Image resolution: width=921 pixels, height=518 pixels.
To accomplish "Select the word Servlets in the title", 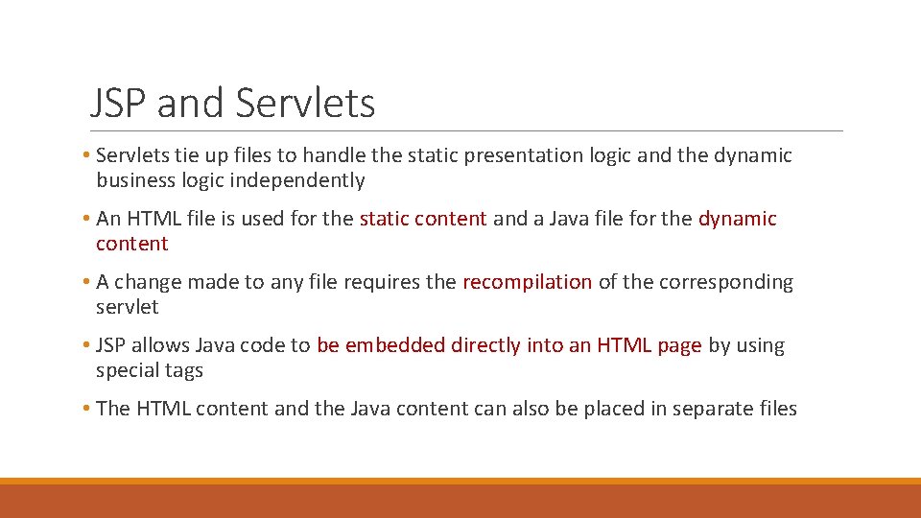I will tap(304, 103).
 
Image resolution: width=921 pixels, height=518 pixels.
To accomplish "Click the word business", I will tap(135, 180).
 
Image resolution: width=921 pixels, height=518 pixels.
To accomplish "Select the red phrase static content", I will tap(423, 219).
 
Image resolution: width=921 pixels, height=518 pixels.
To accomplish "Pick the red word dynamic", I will tap(737, 219).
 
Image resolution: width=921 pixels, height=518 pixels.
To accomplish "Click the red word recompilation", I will tap(527, 282).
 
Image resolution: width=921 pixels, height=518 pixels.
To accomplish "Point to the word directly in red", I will tap(485, 345).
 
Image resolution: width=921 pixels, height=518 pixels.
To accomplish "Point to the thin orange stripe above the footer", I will tap(460, 481).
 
